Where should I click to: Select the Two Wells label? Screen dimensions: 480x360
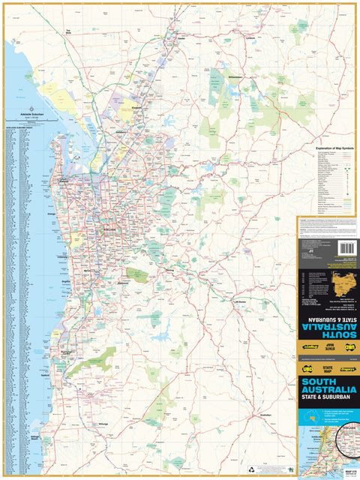click(67, 31)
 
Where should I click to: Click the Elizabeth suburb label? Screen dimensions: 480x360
click(136, 108)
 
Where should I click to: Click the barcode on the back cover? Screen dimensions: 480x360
click(346, 248)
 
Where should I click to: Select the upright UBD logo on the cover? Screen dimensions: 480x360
click(307, 368)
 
